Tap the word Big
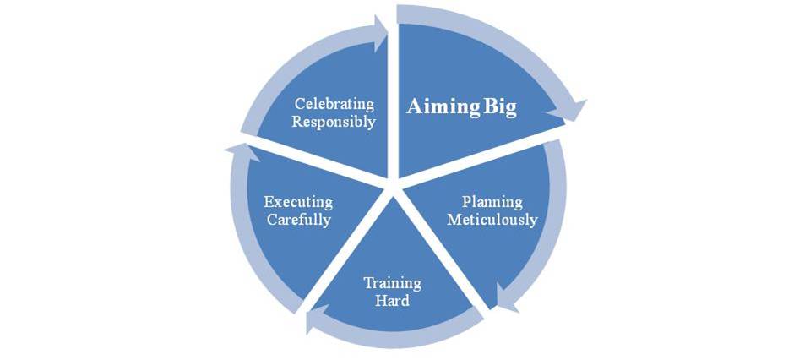point(500,108)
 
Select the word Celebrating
point(334,104)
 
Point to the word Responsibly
point(334,122)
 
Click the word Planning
point(492,202)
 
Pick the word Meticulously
point(492,220)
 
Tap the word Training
point(392,282)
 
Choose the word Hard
point(392,300)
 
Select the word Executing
point(298,203)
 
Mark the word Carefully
point(299,221)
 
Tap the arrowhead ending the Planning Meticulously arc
point(506,299)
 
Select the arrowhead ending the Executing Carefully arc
point(241,152)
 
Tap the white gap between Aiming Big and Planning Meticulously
point(481,157)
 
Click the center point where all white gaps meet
point(394,188)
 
